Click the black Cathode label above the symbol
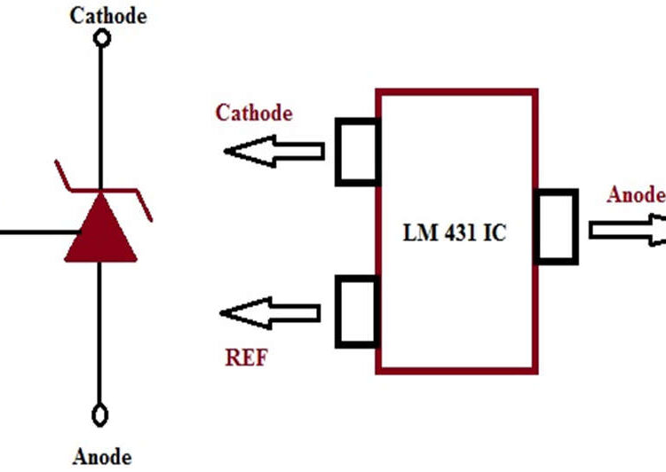point(102,15)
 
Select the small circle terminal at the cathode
point(102,38)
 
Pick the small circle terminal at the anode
point(101,414)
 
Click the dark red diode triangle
point(100,233)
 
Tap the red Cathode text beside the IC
point(254,113)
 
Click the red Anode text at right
point(634,194)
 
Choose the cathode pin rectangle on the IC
point(358,152)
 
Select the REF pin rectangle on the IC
point(358,311)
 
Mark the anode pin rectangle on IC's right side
point(557,227)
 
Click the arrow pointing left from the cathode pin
point(274,151)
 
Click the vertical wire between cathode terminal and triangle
point(101,115)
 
